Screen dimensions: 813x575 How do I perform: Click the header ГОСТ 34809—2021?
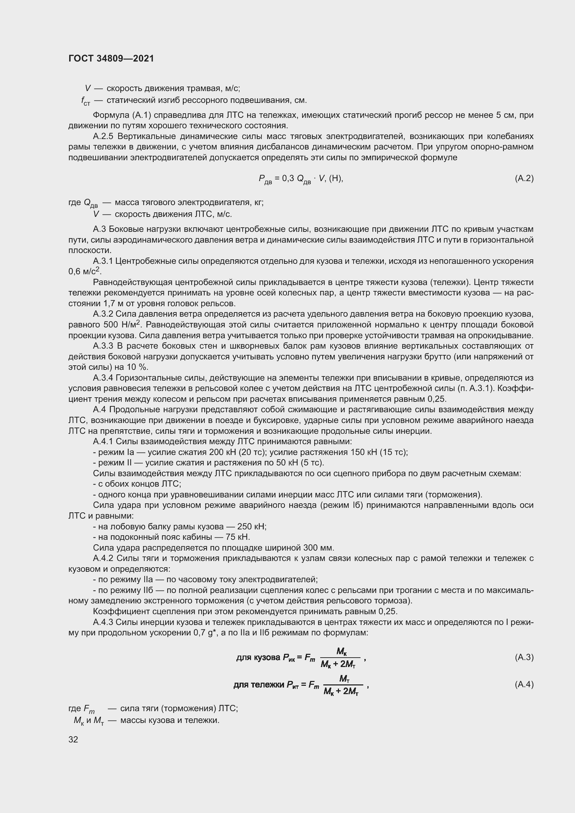(111, 58)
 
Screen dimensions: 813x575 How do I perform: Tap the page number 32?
(73, 739)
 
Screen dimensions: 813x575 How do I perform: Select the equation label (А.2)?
(524, 178)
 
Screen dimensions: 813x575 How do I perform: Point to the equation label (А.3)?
(524, 658)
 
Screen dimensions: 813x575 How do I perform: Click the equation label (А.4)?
(524, 684)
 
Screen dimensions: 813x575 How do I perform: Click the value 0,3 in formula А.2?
(288, 178)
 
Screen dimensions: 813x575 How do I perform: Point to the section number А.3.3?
(103, 346)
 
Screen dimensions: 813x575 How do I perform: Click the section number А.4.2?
(103, 559)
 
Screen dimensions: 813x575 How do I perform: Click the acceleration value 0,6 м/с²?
(84, 271)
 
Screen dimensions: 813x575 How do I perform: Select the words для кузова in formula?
(258, 658)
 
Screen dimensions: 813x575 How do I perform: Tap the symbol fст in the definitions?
(85, 101)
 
